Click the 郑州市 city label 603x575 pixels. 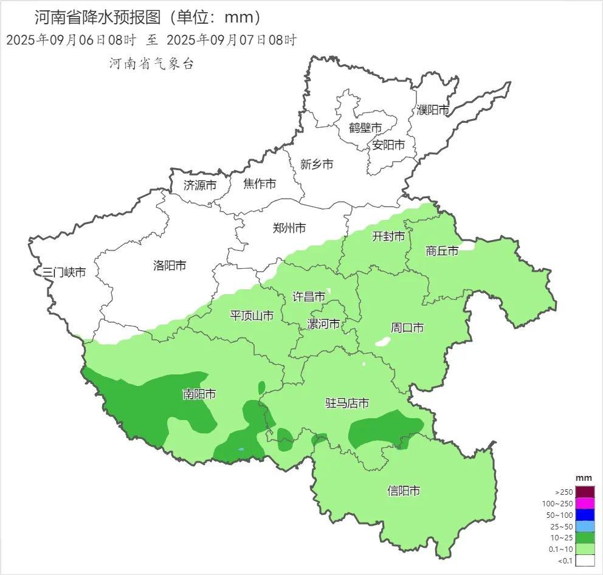pyautogui.click(x=289, y=228)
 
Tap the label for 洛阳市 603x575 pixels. pyautogui.click(x=170, y=265)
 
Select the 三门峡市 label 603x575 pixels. pyautogui.click(x=60, y=272)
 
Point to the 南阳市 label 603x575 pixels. pyautogui.click(x=199, y=394)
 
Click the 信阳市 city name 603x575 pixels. pyautogui.click(x=404, y=491)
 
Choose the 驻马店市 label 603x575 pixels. pyautogui.click(x=347, y=403)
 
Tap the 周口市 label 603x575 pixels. pyautogui.click(x=407, y=328)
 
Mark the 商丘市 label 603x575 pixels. pyautogui.click(x=442, y=250)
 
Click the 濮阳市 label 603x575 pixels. pyautogui.click(x=433, y=110)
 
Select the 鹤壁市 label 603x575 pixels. pyautogui.click(x=365, y=128)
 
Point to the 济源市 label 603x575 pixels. pyautogui.click(x=199, y=185)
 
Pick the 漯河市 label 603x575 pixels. pyautogui.click(x=323, y=323)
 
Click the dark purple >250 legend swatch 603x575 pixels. pyautogui.click(x=585, y=492)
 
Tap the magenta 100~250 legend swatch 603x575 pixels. pyautogui.click(x=585, y=503)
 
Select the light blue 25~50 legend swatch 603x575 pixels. pyautogui.click(x=585, y=526)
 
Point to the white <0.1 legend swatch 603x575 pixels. pyautogui.click(x=585, y=561)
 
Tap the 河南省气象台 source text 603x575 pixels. pyautogui.click(x=151, y=63)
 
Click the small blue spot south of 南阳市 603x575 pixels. pyautogui.click(x=241, y=450)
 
